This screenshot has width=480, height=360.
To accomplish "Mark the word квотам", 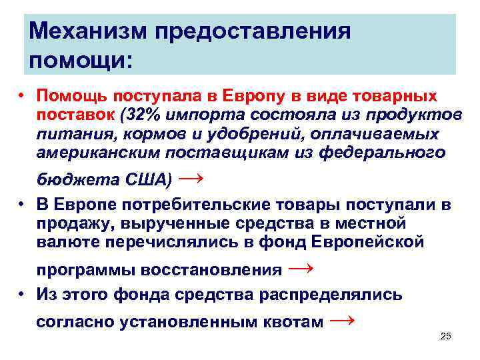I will tap(292, 323).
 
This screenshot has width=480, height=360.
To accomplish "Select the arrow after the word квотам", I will tap(343, 321).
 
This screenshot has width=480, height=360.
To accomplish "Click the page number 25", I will tap(446, 336).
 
